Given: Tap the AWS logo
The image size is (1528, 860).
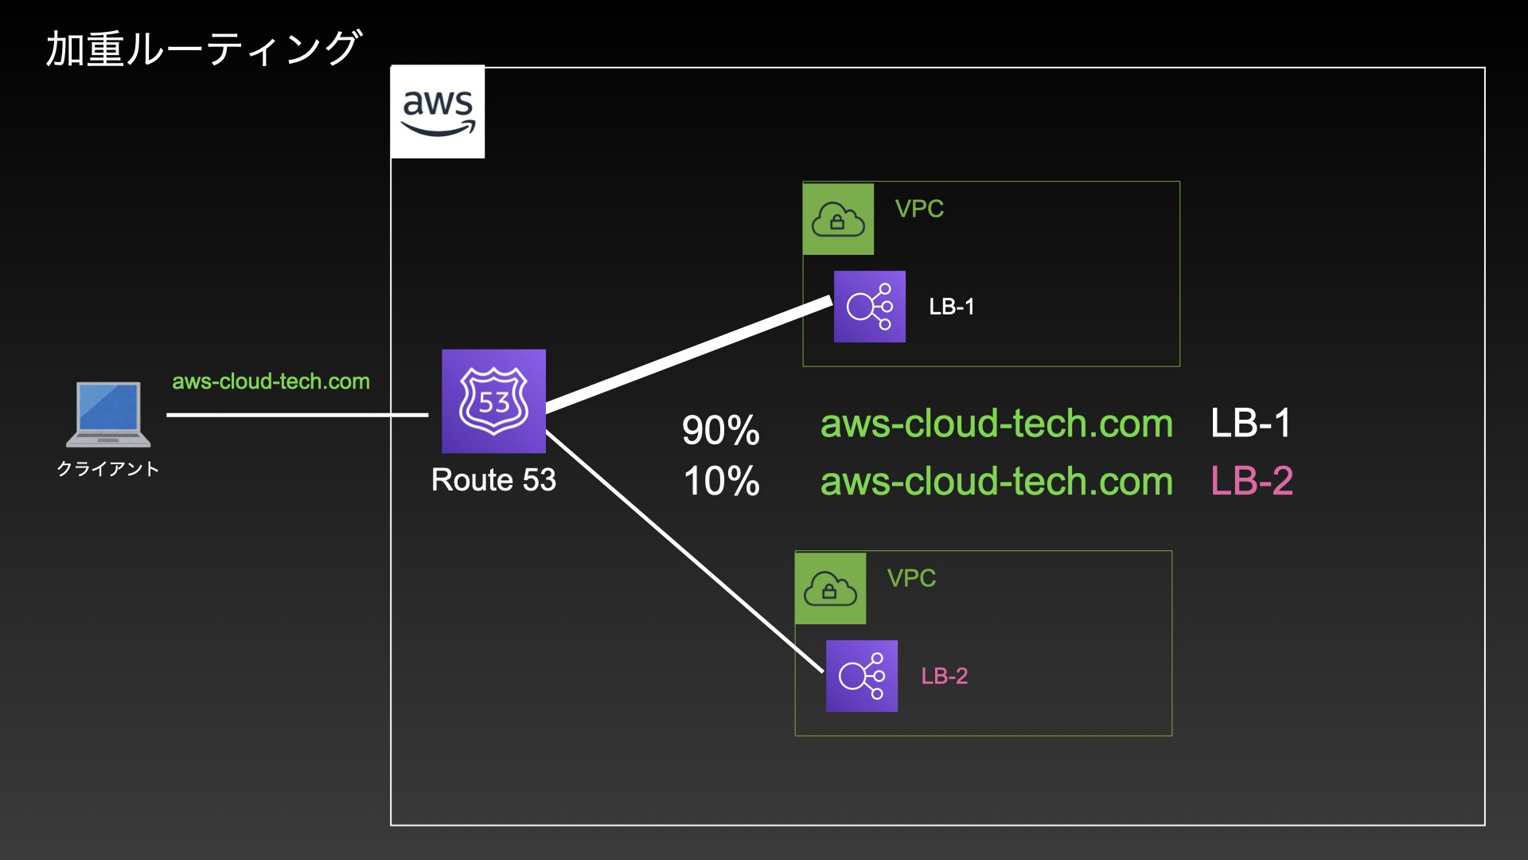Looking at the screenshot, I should [438, 111].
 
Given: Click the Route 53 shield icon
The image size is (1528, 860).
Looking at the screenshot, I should [493, 401].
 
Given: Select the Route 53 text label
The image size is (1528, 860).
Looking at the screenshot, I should [493, 480].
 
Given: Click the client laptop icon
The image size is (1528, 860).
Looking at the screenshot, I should [108, 414].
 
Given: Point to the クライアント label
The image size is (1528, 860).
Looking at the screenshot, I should [108, 469].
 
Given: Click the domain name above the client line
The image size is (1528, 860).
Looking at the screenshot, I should [271, 381].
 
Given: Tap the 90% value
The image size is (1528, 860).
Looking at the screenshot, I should [720, 430].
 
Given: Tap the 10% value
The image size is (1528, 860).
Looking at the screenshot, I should [721, 481].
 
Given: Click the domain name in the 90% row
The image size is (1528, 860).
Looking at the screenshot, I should [996, 424].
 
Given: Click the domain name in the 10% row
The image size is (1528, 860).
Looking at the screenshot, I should [996, 482].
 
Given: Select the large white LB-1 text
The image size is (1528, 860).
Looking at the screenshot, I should [1250, 423].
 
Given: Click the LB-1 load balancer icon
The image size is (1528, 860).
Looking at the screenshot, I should [869, 307].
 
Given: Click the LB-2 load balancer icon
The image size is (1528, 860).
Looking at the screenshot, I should [861, 676].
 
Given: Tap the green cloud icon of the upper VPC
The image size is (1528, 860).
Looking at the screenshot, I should [838, 219].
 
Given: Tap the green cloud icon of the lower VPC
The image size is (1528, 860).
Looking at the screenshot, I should [830, 588].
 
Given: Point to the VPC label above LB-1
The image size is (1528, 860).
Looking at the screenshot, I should [919, 209].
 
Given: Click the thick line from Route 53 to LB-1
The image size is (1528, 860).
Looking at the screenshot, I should [688, 354].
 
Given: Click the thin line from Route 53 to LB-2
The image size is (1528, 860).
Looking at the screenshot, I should [684, 553].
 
